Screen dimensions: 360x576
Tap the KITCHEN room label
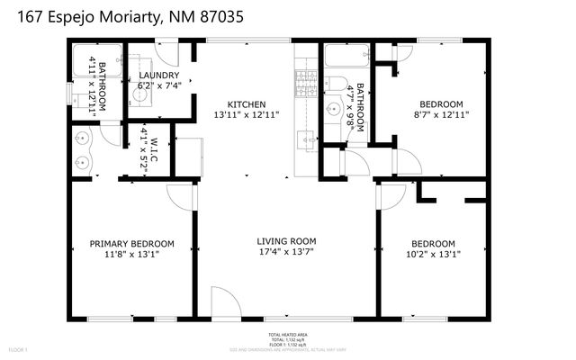pyautogui.click(x=246, y=104)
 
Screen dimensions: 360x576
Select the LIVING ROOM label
pyautogui.click(x=286, y=240)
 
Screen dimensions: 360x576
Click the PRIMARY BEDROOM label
pyautogui.click(x=131, y=244)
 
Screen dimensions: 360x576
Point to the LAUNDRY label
pyautogui.click(x=158, y=76)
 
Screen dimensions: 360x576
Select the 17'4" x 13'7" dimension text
pyautogui.click(x=286, y=254)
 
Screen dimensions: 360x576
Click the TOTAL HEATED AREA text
pyautogui.click(x=287, y=333)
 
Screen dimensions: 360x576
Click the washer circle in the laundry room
pyautogui.click(x=143, y=90)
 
